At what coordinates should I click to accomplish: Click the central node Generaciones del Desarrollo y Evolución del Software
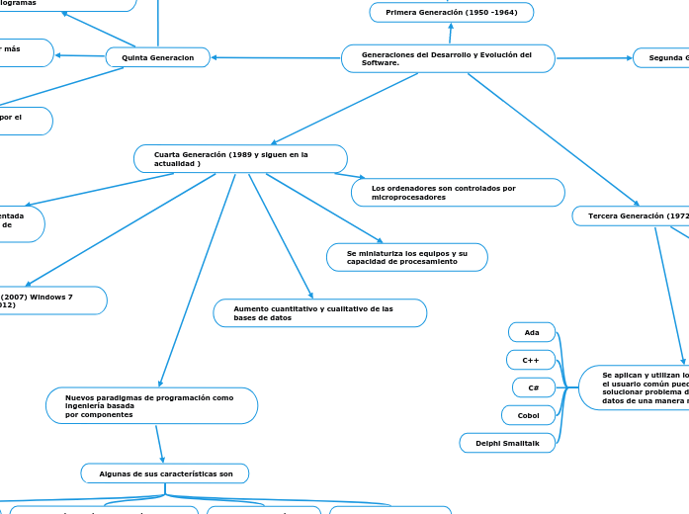point(447,58)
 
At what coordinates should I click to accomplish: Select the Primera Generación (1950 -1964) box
point(452,12)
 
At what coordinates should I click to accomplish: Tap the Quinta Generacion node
point(158,57)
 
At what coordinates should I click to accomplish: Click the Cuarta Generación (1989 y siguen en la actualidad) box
point(240,158)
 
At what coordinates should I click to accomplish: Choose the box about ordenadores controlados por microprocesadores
point(458,192)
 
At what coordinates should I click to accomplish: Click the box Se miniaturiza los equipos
point(406,257)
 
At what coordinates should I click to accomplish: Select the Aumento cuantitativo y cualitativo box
point(320,312)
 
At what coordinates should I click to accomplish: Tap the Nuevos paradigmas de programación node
point(151,405)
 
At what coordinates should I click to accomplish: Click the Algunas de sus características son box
point(164,473)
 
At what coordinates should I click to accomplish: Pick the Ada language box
point(532,332)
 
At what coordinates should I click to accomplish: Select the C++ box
point(531,360)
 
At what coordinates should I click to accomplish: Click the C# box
point(534,387)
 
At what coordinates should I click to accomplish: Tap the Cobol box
point(529,415)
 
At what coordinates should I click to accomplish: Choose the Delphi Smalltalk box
point(507,443)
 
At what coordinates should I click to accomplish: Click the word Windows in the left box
point(53,296)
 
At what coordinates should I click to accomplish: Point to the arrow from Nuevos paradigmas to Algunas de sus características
point(159,443)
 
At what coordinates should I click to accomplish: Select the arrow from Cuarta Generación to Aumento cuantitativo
point(280,235)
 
